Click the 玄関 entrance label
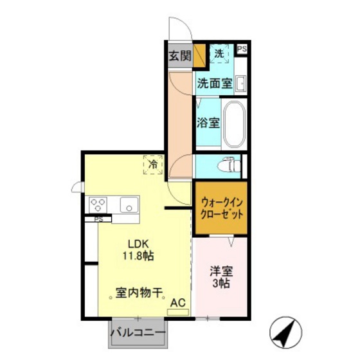180,56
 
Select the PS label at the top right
242,49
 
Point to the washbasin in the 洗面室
241,84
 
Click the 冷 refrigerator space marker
153,166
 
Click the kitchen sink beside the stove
129,206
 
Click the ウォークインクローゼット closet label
221,208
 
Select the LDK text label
138,244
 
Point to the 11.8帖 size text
138,256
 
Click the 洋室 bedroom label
220,272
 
